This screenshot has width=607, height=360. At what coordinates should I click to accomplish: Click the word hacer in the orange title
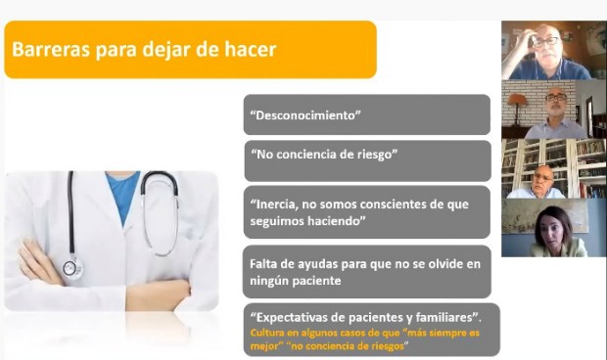249,49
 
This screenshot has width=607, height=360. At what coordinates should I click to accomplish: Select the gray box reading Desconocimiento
366,115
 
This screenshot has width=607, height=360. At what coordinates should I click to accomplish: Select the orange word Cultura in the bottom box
270,335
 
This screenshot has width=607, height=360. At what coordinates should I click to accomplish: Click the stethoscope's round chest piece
71,268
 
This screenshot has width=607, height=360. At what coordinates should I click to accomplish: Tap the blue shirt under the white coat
122,196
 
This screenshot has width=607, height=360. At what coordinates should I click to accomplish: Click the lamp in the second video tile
517,102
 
